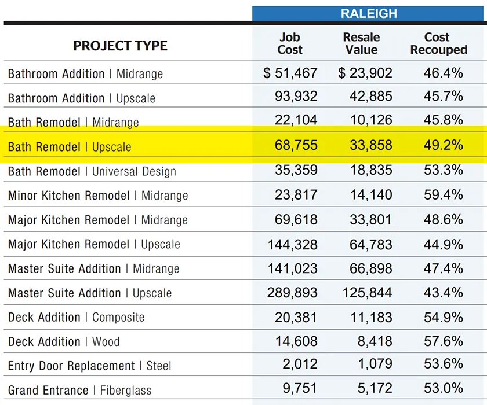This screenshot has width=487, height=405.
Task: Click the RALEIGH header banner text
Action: pos(369,13)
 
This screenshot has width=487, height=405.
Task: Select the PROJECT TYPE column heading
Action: pos(120,46)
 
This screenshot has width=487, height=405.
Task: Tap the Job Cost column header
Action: pos(289,43)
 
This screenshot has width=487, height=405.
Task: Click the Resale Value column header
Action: pos(361,43)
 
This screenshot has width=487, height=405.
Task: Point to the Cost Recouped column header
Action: pos(438,43)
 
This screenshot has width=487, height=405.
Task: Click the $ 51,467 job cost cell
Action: pos(290,73)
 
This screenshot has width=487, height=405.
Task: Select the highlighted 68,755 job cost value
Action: pos(296,145)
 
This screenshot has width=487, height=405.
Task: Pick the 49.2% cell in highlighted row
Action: pos(443,145)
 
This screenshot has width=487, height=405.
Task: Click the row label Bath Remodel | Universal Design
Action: pos(92,171)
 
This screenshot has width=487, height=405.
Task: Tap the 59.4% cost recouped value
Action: pos(443,195)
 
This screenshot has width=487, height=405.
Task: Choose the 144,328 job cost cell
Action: pos(292,244)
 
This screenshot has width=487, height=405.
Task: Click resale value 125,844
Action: pos(367,293)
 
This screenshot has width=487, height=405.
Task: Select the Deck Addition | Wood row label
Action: pos(64,341)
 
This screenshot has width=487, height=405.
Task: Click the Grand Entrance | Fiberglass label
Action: pos(79,391)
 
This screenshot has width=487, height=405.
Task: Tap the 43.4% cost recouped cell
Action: pos(443,293)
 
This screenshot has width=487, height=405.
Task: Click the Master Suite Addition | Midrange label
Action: pos(93,268)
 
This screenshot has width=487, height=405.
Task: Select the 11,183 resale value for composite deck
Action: pos(370,317)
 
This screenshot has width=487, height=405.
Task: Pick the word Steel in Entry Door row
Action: pos(158,366)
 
